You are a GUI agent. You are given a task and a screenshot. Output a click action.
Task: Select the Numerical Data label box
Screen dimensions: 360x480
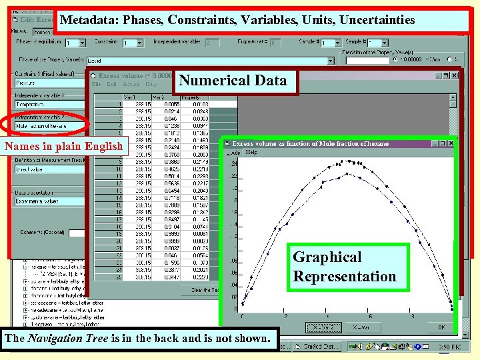[233, 81]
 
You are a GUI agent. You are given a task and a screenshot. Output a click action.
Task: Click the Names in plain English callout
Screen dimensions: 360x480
[63, 146]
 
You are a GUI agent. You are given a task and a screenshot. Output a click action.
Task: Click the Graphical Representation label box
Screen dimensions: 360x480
[345, 267]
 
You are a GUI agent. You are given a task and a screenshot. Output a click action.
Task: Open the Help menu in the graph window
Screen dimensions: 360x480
[251, 152]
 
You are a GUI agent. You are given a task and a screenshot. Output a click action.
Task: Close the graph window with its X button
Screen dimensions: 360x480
[451, 143]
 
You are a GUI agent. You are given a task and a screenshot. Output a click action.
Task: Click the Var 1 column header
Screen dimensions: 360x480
[139, 98]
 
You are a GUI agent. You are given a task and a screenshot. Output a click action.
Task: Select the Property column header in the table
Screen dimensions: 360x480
[200, 98]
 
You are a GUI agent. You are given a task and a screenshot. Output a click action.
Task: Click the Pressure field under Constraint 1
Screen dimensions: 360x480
[47, 83]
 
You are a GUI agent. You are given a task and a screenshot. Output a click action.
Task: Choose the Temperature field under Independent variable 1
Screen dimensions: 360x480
[47, 104]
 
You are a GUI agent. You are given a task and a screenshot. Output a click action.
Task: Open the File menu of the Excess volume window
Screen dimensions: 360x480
[97, 84]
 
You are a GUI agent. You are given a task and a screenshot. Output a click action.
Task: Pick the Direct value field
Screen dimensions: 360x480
[47, 170]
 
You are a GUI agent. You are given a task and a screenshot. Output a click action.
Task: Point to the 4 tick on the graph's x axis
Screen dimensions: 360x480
[328, 315]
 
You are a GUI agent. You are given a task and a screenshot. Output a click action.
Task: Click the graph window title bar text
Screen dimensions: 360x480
[310, 143]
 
